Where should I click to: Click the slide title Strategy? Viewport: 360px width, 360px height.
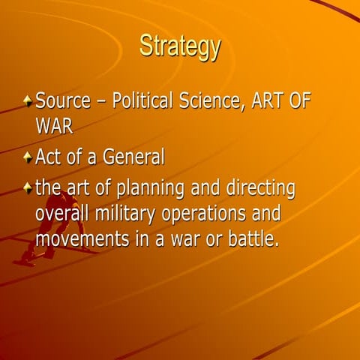click(x=180, y=46)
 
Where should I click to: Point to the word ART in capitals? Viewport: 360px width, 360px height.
click(x=262, y=100)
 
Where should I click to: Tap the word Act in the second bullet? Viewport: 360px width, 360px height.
click(x=49, y=159)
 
